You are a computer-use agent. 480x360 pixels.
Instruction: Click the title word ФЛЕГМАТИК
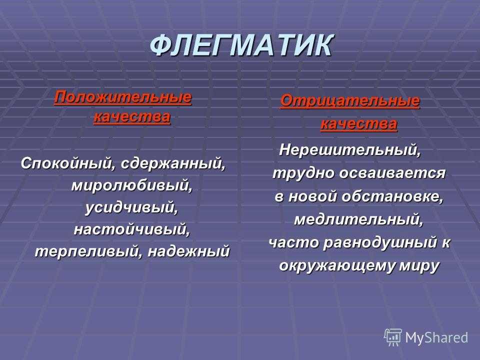pos(241,45)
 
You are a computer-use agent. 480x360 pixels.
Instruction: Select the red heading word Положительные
pos(123,97)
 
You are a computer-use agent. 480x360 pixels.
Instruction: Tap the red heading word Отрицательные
pos(350,100)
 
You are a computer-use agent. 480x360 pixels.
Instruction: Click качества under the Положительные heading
pos(132,117)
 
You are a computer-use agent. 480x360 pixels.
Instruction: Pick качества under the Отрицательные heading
pos(359,124)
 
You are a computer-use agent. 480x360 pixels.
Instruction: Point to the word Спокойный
pos(66,163)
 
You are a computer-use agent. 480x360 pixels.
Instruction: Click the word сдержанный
pos(173,163)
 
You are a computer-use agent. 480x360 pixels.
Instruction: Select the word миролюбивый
pos(132,185)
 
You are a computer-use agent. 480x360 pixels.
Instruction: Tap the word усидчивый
pos(131,207)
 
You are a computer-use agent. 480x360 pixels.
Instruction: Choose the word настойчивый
pos(132,229)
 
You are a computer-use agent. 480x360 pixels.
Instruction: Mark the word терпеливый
pos(89,251)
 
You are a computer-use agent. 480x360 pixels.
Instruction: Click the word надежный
pos(189,251)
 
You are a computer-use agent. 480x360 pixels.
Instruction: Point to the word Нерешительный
pos(350,150)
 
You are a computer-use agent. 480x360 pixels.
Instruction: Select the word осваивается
pos(393,173)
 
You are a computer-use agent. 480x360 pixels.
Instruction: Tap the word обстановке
pos(392,196)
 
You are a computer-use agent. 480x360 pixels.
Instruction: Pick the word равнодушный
pos(379,243)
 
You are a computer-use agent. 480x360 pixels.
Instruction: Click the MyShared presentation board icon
pos(393,337)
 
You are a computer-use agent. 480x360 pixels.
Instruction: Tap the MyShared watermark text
pos(436,337)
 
